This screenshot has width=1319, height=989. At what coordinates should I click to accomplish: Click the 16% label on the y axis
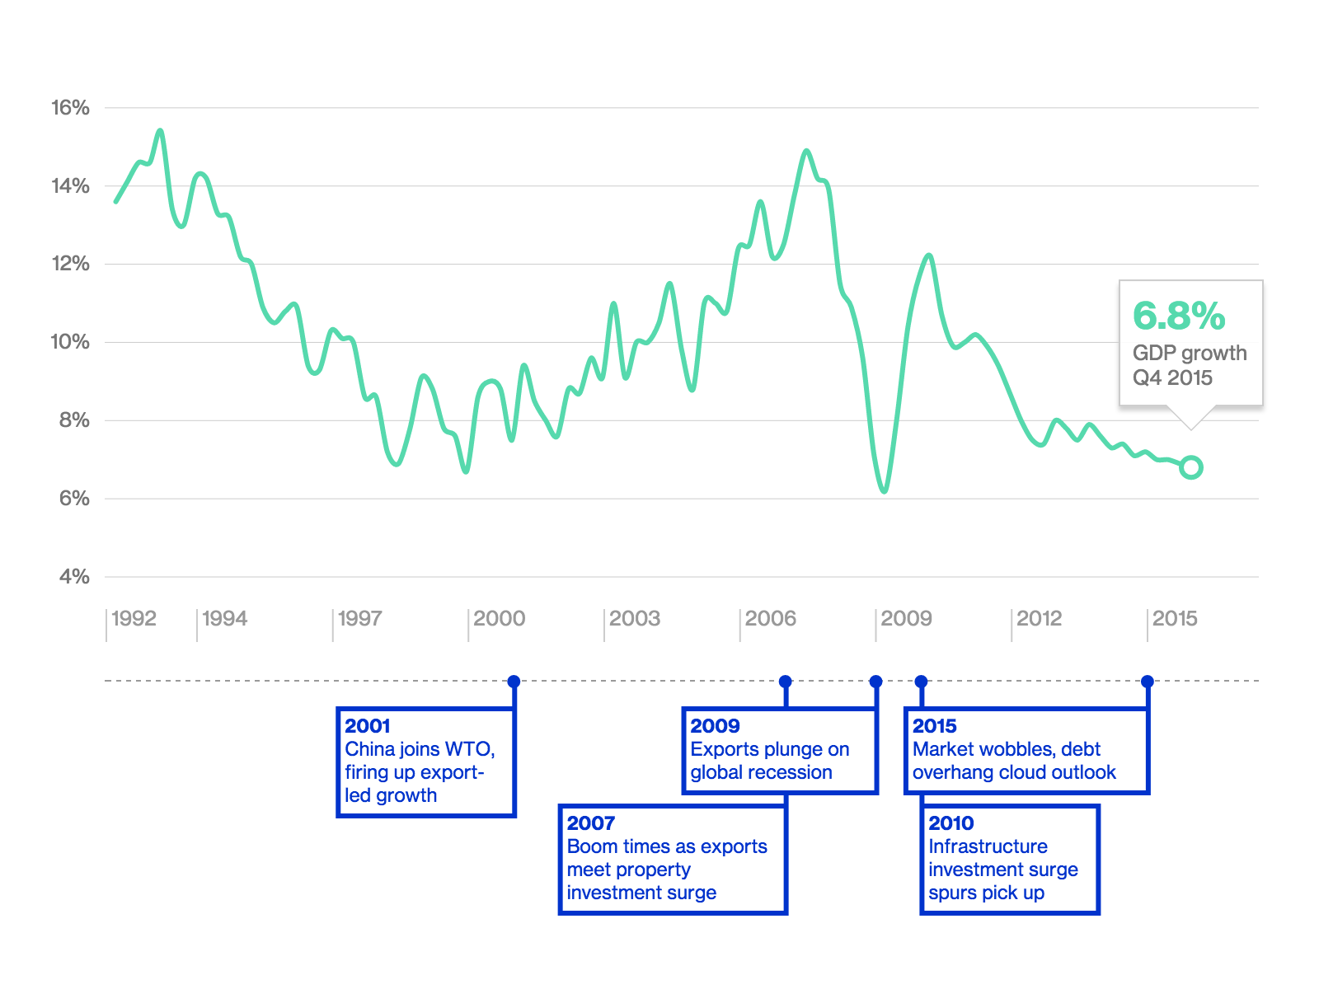(x=70, y=108)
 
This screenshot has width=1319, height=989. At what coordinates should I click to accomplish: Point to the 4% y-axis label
(x=74, y=577)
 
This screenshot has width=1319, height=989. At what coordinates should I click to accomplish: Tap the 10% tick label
(x=70, y=342)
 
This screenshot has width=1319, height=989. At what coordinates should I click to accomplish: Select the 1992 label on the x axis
(x=134, y=618)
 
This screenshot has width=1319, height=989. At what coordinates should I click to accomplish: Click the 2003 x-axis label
(x=635, y=618)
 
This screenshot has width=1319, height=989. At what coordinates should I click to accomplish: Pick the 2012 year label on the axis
(x=1039, y=618)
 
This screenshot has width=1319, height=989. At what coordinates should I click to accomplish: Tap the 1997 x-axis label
(x=359, y=618)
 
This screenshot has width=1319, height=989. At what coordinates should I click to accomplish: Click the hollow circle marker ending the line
(x=1191, y=467)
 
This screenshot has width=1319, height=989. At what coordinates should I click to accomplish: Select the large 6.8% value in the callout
(x=1179, y=316)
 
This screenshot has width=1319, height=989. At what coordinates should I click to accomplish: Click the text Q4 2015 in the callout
(x=1172, y=377)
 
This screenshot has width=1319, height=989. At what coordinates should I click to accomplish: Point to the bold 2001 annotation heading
(x=367, y=726)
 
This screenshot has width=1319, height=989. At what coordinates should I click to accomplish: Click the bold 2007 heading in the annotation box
(x=591, y=823)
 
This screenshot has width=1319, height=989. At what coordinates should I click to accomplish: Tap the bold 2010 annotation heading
(x=951, y=823)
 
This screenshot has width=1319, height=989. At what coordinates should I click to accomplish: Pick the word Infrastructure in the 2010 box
(x=988, y=846)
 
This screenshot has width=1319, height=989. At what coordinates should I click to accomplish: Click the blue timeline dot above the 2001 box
(x=514, y=682)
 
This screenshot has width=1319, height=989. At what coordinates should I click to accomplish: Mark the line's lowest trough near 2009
(x=884, y=491)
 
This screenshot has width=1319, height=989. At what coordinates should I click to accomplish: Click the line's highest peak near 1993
(x=160, y=131)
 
